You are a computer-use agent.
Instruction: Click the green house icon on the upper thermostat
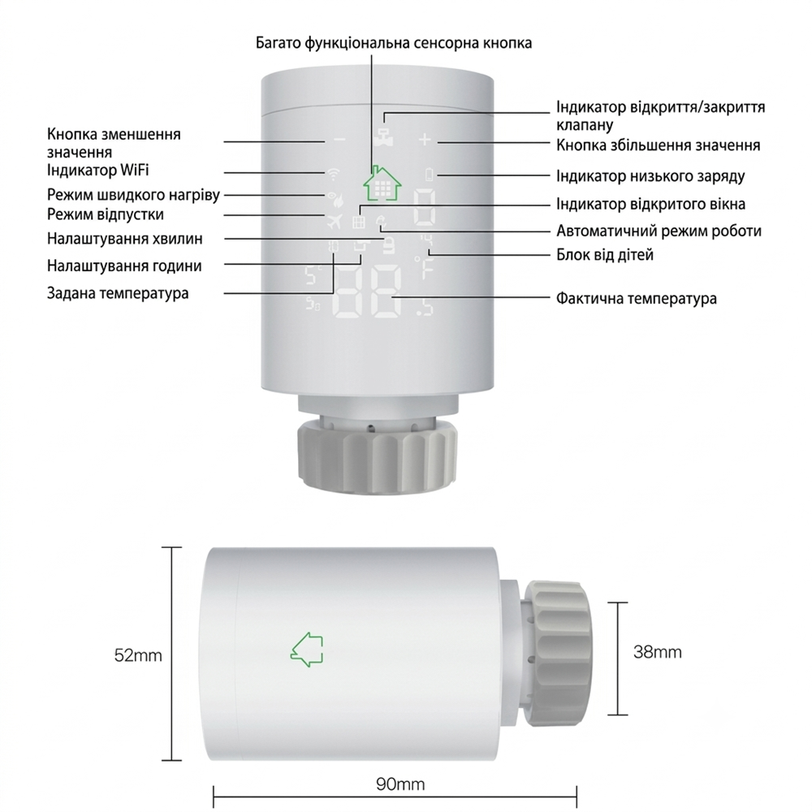pos(382,183)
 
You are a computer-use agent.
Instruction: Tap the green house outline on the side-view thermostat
pos(307,649)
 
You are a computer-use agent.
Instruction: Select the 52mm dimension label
pos(138,655)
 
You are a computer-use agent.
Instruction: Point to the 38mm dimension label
pos(657,651)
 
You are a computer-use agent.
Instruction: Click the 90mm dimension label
pos(400,784)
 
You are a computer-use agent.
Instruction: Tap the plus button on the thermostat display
pos(425,140)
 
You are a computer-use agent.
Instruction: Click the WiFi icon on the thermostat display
pos(333,172)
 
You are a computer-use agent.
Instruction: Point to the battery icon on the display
pos(430,175)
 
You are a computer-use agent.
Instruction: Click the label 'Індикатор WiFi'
pos(98,170)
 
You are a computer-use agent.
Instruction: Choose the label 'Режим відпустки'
pos(105,214)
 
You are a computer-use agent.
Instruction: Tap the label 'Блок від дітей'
pos(605,255)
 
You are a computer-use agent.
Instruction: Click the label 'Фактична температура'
pos(637,298)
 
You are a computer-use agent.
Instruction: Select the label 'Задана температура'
pos(118,293)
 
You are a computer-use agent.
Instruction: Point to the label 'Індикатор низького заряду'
pos(650,176)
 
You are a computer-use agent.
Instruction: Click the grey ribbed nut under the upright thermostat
pos(377,456)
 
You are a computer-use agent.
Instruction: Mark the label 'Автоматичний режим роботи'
pos(659,231)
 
